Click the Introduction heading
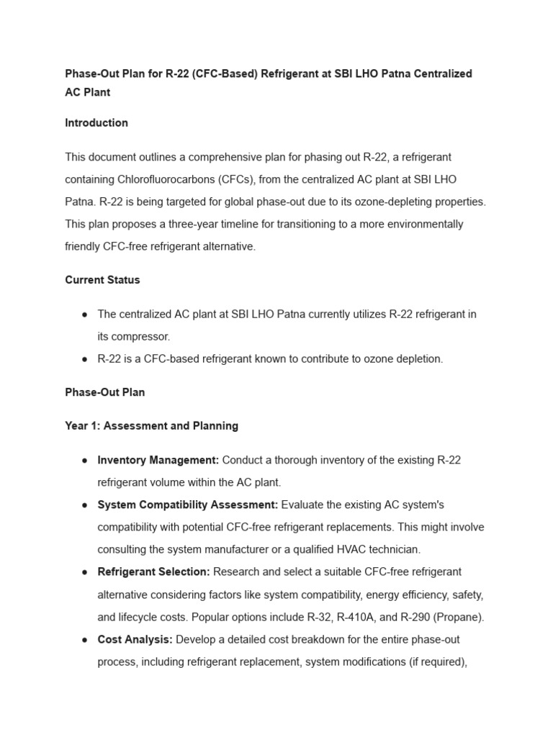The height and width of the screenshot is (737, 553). (x=96, y=123)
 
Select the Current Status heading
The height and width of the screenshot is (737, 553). (x=102, y=280)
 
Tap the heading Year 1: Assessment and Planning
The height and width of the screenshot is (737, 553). (x=151, y=426)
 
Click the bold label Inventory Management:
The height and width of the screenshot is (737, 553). (x=158, y=460)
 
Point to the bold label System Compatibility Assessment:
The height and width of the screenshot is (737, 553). (x=188, y=505)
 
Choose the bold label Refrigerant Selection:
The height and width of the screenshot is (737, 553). (x=154, y=572)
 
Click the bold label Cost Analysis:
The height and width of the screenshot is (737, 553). (x=135, y=639)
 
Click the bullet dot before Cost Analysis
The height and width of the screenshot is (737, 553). (x=85, y=640)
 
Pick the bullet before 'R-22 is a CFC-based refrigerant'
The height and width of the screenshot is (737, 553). (x=85, y=359)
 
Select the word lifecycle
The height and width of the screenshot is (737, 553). (x=143, y=617)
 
